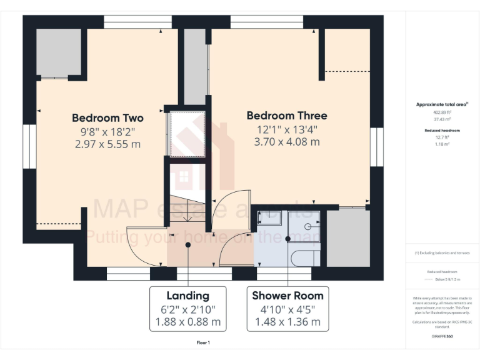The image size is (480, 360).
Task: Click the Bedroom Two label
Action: coord(107,117)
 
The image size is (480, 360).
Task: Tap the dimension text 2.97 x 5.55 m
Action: coord(107,144)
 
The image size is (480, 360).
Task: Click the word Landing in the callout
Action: coord(187,296)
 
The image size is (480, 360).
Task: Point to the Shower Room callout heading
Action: coord(287,296)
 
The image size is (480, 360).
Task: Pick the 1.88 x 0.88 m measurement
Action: coord(187,322)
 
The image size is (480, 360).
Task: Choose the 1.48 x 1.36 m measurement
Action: coord(287,322)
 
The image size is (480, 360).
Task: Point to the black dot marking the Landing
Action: coord(188,245)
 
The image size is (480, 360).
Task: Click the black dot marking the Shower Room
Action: coord(288,239)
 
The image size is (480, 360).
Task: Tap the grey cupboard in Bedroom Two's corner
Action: coord(58,52)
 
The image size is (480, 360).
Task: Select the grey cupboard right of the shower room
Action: coord(349,237)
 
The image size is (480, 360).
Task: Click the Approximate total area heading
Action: coord(442,104)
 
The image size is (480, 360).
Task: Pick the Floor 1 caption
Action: coord(204,342)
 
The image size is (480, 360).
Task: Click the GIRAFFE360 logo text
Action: coord(442,337)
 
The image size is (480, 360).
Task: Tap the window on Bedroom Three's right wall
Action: coord(376,147)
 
